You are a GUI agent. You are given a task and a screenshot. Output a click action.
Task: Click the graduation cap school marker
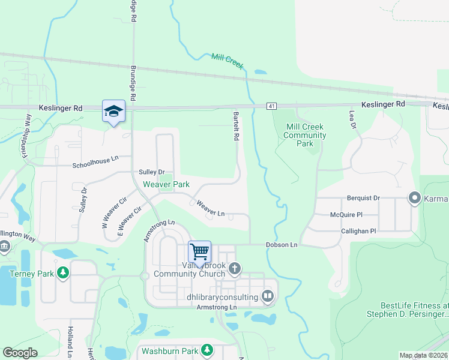click(113, 111)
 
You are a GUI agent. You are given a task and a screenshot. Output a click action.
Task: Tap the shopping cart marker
click(199, 251)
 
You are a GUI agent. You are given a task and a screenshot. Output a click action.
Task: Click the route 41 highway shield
click(273, 106)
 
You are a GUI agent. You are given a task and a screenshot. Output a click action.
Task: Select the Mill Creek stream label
click(228, 61)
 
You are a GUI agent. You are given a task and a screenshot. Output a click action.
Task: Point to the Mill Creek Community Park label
click(305, 135)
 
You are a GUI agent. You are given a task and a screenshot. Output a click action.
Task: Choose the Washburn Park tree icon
click(207, 349)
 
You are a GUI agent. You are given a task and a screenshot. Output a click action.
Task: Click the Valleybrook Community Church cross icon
click(235, 269)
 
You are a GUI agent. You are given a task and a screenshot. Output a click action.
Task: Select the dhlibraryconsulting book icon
click(268, 295)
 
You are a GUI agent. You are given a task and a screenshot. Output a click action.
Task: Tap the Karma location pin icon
click(414, 197)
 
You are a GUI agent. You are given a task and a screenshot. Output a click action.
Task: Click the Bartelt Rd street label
click(237, 125)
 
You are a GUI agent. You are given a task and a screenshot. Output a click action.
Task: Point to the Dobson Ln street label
click(282, 245)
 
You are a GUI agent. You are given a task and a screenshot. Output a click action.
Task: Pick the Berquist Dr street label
click(364, 197)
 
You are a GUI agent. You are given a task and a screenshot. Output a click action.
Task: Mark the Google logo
click(20, 353)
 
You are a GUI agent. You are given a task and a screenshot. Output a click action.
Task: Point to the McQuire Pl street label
click(346, 214)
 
